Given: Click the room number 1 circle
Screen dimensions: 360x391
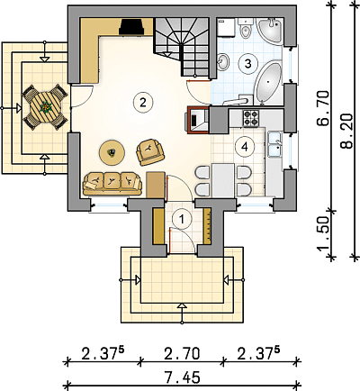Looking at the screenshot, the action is coord(182,219).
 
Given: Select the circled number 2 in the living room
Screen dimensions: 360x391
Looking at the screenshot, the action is coord(143,103).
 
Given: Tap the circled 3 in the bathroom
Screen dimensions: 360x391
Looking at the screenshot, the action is coord(247,63).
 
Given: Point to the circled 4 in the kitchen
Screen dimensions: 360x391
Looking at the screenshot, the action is coord(245,147).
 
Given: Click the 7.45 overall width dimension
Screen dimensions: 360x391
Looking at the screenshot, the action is coord(182,377).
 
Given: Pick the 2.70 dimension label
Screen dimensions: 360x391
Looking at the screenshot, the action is coord(182,353).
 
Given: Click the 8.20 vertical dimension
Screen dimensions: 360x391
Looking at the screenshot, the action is coord(347,131).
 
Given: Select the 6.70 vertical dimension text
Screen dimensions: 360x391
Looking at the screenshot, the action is coord(323,108).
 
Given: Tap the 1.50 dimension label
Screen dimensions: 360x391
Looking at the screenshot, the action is coord(323,233).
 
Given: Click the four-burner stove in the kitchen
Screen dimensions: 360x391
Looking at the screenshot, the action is coord(251,118).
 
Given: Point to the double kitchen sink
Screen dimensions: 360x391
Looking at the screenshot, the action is coord(275,144).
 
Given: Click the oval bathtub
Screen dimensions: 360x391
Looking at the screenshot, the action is coord(268,82).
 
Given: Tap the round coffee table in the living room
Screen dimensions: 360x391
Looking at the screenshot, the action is coord(112,152).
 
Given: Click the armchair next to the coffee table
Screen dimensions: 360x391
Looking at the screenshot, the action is coord(150,151).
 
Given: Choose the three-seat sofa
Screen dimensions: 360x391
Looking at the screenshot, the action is coord(112,184).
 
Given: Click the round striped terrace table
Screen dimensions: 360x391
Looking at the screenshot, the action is coord(45,107).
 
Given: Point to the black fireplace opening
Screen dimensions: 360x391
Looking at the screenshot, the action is coord(131,27).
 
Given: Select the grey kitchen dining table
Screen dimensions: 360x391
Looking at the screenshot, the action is coord(223,180).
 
